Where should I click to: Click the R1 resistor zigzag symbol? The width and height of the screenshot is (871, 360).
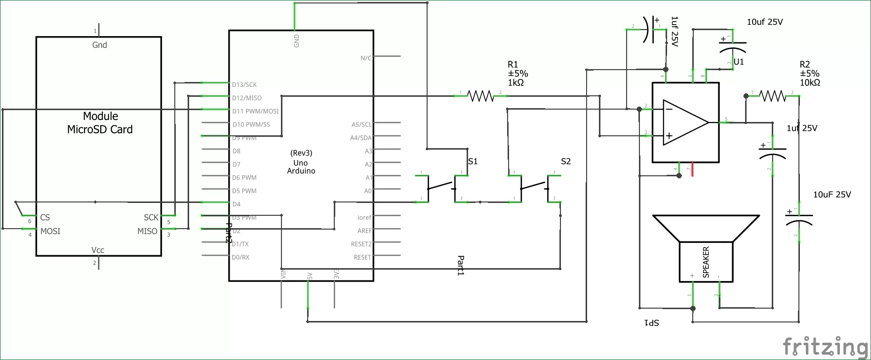tap(480, 96)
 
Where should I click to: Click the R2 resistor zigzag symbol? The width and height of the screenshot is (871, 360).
tap(772, 96)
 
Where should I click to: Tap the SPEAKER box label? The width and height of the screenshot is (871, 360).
tap(706, 262)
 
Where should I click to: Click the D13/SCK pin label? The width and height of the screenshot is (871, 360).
tap(244, 85)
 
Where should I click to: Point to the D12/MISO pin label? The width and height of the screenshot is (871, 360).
tap(247, 98)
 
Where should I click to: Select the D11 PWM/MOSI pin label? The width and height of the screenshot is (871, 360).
tap(255, 112)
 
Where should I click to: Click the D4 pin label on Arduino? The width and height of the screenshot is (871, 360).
tap(237, 204)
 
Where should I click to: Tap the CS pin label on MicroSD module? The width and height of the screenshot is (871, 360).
tap(45, 217)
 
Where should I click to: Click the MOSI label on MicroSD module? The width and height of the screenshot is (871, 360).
tap(50, 231)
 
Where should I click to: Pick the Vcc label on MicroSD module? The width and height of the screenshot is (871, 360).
tap(98, 250)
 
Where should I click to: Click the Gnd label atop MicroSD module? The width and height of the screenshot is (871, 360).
tap(99, 45)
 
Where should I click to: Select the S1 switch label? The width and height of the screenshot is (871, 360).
tap(473, 161)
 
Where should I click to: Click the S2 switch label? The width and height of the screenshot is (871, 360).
tap(566, 161)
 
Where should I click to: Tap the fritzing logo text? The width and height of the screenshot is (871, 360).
tap(825, 346)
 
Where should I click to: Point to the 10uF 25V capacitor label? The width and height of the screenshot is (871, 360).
tap(832, 195)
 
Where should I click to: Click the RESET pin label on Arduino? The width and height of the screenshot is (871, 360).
tap(362, 258)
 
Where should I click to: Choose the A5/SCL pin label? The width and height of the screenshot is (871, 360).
tap(361, 125)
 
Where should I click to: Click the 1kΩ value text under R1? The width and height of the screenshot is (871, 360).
tap(515, 83)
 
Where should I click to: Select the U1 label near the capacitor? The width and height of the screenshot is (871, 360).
tap(739, 62)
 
